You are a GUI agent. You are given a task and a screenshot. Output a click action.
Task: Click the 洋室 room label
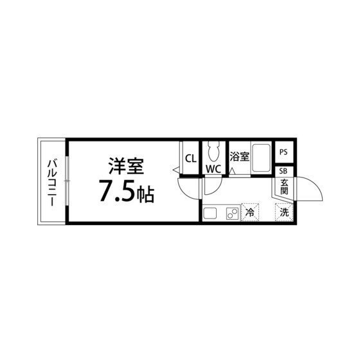click(x=126, y=166)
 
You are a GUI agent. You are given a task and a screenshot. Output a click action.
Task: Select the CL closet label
click(x=191, y=158)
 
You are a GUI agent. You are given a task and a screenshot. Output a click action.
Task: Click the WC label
click(x=213, y=169)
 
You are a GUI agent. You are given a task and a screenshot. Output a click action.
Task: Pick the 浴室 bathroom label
click(x=239, y=157)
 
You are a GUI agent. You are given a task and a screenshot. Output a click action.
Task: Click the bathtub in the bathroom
click(x=260, y=158)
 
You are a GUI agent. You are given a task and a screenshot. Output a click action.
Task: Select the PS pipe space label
click(x=283, y=152)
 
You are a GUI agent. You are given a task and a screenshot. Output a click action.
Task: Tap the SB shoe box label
click(x=283, y=171)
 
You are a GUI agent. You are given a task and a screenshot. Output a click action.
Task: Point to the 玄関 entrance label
click(x=284, y=186)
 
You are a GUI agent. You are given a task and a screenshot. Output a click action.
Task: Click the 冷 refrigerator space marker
click(x=249, y=212)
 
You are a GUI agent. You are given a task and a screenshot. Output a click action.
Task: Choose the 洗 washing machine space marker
click(x=284, y=212)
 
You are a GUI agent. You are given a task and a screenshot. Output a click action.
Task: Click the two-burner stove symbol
click(x=232, y=213)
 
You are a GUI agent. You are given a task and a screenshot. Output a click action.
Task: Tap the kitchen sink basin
click(x=210, y=213)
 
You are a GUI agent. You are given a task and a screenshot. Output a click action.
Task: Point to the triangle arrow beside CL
click(x=176, y=170)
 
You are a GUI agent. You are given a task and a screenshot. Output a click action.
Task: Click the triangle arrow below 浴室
click(x=232, y=172)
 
